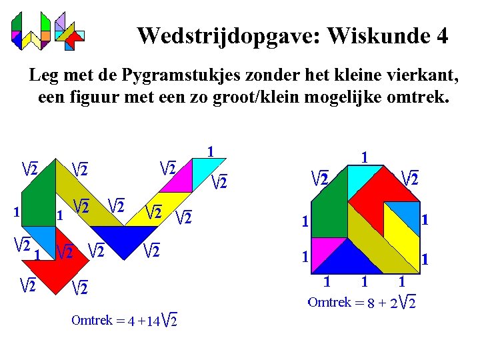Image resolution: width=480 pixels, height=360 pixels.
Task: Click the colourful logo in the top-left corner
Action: (x=47, y=31)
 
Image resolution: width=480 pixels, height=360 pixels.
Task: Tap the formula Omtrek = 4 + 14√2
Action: (x=124, y=321)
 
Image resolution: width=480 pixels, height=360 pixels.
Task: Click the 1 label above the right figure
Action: (x=365, y=157)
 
